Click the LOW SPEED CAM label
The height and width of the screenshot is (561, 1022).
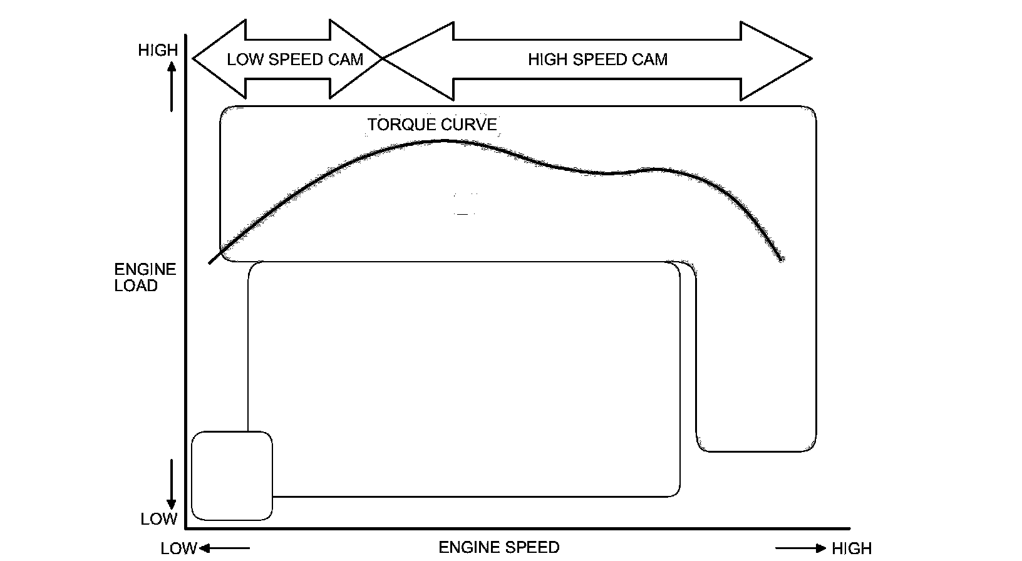295,59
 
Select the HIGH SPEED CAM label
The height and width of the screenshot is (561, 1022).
597,59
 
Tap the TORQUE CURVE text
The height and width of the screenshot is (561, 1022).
432,125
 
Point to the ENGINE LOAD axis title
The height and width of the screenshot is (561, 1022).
145,277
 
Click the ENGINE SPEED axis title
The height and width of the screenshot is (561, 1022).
498,547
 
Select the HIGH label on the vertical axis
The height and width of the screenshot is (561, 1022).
158,50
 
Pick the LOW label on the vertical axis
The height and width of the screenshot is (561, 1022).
159,519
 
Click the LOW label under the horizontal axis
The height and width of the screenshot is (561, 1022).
179,549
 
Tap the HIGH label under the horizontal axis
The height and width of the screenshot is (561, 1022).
852,549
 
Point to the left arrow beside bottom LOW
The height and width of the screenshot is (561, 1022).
224,549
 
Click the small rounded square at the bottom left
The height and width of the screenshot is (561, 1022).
232,476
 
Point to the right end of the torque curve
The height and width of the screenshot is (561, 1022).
780,259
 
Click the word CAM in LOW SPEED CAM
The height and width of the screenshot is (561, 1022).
346,59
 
